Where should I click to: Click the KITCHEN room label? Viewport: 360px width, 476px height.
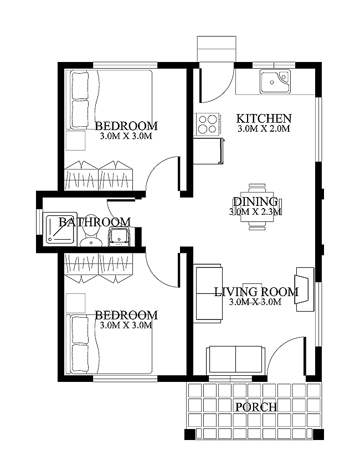pyautogui.click(x=264, y=118)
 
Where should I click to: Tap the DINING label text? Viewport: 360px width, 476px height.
pyautogui.click(x=255, y=201)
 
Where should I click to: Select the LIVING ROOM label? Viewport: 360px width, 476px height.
pyautogui.click(x=256, y=292)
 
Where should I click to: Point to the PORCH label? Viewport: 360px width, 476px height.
pyautogui.click(x=256, y=407)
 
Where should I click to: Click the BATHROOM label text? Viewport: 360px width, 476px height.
pyautogui.click(x=95, y=222)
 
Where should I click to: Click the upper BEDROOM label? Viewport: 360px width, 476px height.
pyautogui.click(x=126, y=126)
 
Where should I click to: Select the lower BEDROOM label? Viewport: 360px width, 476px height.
pyautogui.click(x=126, y=315)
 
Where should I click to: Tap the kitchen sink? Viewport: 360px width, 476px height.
pyautogui.click(x=274, y=81)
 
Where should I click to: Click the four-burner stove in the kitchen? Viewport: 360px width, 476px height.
pyautogui.click(x=207, y=123)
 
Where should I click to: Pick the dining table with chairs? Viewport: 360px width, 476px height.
pyautogui.click(x=260, y=206)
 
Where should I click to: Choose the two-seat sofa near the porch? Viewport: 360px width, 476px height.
pyautogui.click(x=236, y=360)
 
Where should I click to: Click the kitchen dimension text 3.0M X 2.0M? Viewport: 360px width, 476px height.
pyautogui.click(x=264, y=129)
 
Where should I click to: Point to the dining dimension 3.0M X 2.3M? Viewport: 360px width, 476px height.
pyautogui.click(x=255, y=211)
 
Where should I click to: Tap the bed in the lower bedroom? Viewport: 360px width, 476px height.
pyautogui.click(x=111, y=344)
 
